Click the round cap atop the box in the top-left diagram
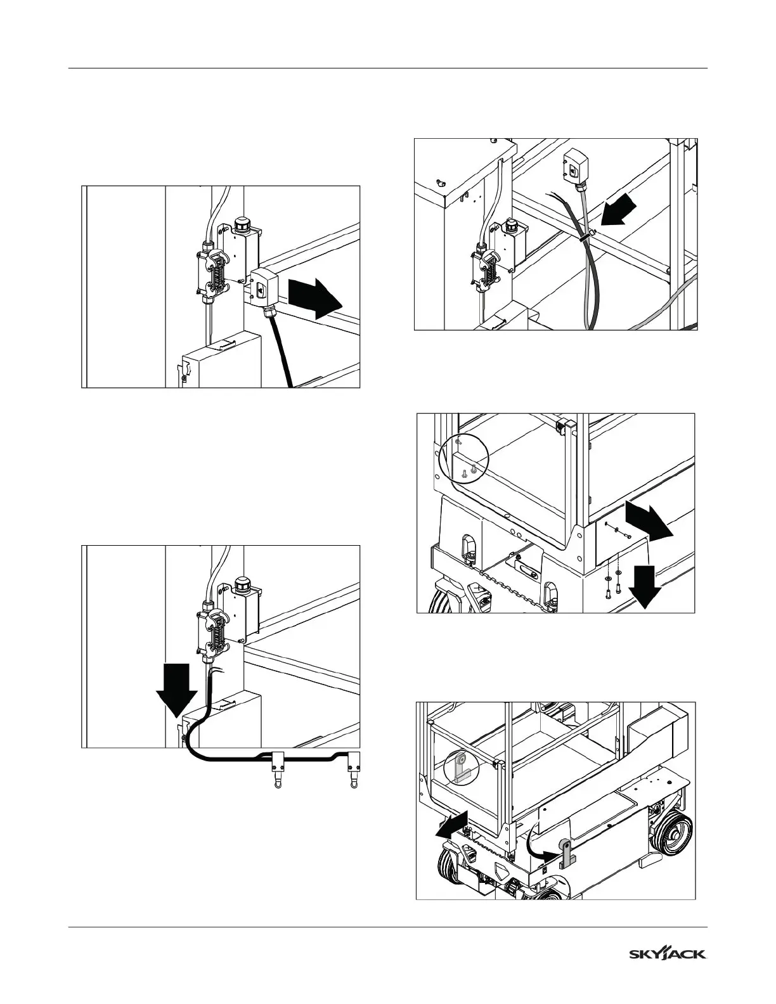click(242, 224)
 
